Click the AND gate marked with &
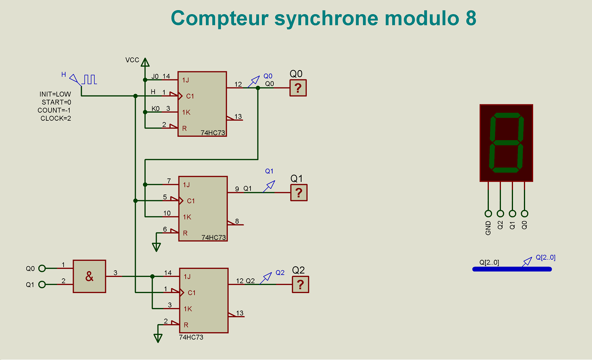tap(89, 276)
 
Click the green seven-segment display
tap(506, 143)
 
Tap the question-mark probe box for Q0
tap(298, 88)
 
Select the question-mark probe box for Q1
tap(299, 192)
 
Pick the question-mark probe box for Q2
tap(300, 284)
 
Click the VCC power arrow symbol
tap(145, 62)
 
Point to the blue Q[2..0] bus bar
tap(511, 269)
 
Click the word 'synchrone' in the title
tap(326, 19)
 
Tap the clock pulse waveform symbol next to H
tap(90, 79)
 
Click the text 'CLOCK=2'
tap(56, 118)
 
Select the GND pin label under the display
tap(488, 228)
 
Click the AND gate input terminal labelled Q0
tap(42, 268)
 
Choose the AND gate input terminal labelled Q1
tap(42, 284)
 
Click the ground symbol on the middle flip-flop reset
tap(156, 247)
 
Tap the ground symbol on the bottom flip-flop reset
tap(158, 338)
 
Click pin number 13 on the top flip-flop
tap(238, 117)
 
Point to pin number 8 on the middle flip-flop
tap(237, 221)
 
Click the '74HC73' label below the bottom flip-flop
tap(191, 337)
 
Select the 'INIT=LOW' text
tap(55, 94)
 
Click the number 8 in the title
tap(471, 19)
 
